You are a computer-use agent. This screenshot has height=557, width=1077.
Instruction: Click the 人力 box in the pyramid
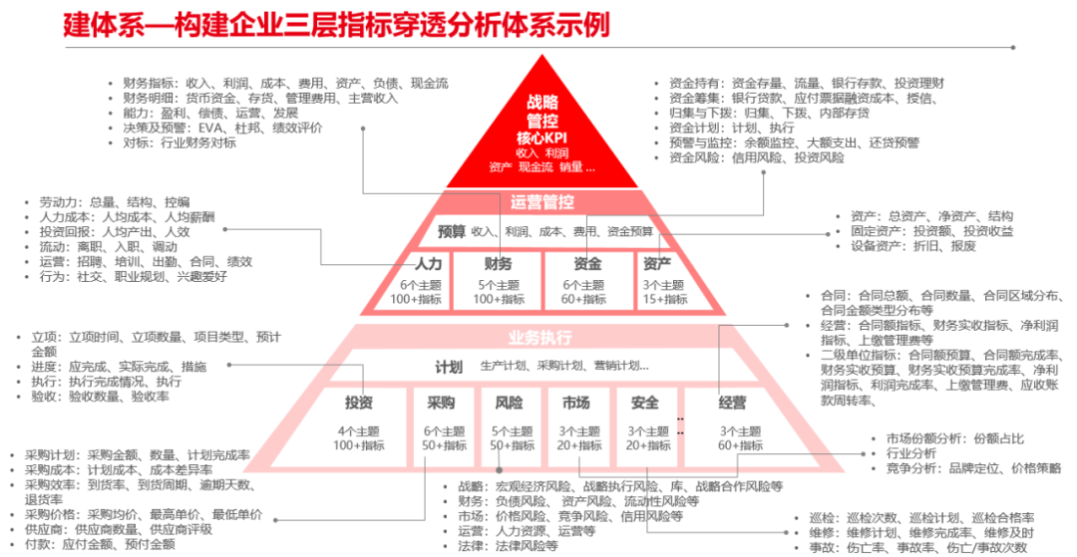(414, 280)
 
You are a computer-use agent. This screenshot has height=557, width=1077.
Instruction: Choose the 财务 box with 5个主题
(498, 280)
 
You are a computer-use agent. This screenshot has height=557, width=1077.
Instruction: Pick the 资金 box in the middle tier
(587, 280)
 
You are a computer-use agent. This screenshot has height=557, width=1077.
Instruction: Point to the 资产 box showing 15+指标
(664, 280)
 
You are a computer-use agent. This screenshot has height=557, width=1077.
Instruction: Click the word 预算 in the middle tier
(452, 231)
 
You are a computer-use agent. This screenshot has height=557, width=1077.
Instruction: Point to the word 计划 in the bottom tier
(449, 366)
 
